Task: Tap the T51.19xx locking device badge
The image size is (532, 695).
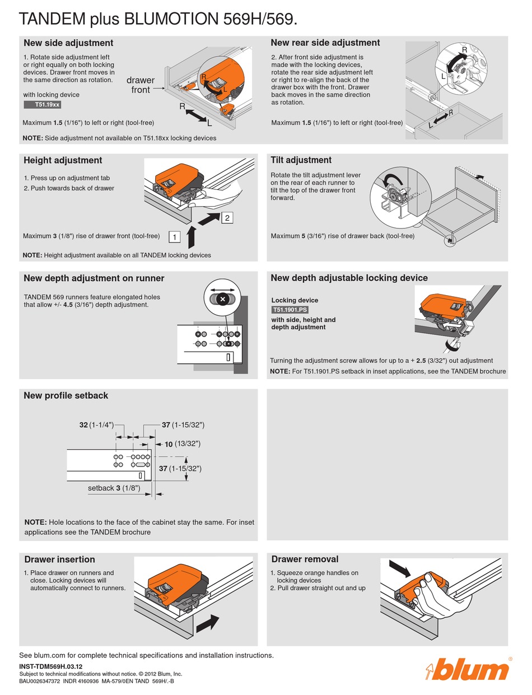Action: tap(42, 104)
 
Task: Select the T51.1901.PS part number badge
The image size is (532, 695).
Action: tap(290, 310)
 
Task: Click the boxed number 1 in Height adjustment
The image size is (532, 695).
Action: tap(175, 237)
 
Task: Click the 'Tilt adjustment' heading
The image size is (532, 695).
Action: tap(301, 160)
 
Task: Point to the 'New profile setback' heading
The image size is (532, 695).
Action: tap(66, 395)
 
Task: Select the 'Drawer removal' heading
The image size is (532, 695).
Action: tap(305, 559)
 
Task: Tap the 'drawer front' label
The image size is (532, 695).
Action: tap(140, 85)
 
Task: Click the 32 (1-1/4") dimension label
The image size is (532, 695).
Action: tap(96, 425)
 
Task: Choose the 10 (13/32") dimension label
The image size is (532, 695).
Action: tap(183, 444)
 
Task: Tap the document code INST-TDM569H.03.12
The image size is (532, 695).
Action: tap(50, 666)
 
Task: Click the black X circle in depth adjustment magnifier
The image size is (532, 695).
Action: tap(223, 300)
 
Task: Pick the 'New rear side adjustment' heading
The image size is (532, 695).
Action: tap(325, 43)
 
